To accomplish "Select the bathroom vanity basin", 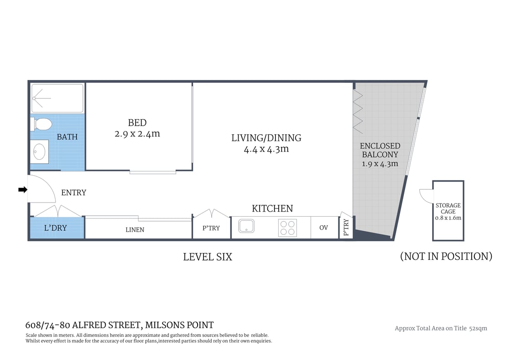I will coord(40,151).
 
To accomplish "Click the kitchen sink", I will coord(246,226).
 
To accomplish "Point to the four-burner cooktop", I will coord(287,228).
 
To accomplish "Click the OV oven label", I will coord(323,228).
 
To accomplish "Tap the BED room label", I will coord(137,122).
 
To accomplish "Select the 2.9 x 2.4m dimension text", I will coord(137,134).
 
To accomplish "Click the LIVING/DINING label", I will coord(266,137).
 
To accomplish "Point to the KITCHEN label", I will coord(272,208).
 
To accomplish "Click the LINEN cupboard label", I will coord(135,230).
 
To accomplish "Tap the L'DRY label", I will coord(55,228).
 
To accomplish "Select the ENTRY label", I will coord(73,193).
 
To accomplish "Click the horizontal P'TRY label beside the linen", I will coord(211,228).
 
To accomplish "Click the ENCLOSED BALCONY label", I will coord(380,150).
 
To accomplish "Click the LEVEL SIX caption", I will coord(207,257).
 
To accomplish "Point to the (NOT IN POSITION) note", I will coord(446,256).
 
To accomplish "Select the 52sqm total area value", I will coord(478,328).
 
